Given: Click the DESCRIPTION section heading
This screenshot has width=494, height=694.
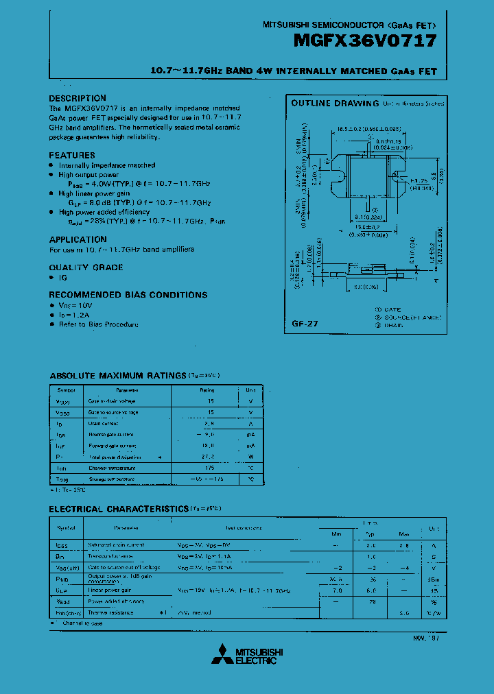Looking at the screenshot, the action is (x=78, y=98).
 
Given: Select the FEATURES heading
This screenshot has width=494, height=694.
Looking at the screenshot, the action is (x=72, y=156).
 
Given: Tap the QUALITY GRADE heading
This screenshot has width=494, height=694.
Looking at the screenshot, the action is (x=86, y=267).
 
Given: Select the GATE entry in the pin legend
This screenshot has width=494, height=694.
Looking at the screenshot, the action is (x=392, y=310).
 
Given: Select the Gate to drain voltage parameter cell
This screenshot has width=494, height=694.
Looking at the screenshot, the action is (x=112, y=401).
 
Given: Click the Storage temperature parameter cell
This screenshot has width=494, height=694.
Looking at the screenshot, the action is (x=114, y=479).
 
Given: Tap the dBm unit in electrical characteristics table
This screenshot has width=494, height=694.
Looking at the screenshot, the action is (x=433, y=579).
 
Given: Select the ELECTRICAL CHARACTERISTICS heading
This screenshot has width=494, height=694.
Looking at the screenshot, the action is (x=118, y=509).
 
